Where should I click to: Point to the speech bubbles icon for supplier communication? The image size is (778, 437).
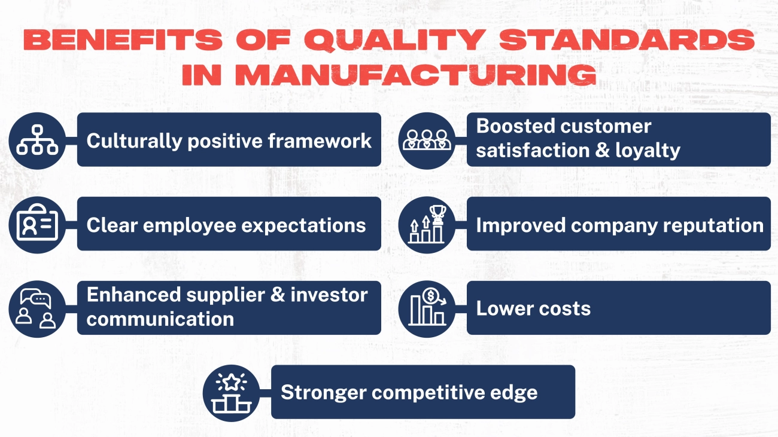click(x=37, y=308)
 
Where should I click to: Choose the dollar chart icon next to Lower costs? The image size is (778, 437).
click(x=427, y=308)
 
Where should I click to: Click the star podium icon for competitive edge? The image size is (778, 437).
click(x=231, y=392)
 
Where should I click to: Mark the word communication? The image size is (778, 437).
click(x=160, y=319)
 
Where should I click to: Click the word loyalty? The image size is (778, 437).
click(x=648, y=150)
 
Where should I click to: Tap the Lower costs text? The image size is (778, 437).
click(x=533, y=308)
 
